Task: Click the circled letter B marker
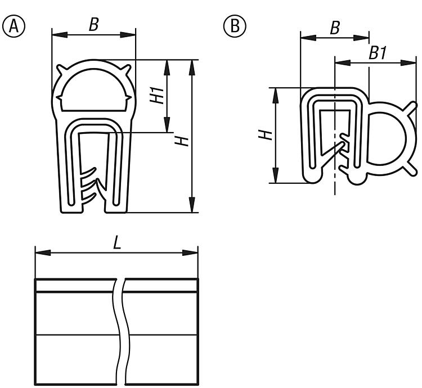coord(232,25)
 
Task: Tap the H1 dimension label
coord(158,95)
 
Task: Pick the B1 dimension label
coord(378,53)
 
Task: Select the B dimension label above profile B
coord(335,28)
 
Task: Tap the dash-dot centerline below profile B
coord(335,188)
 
